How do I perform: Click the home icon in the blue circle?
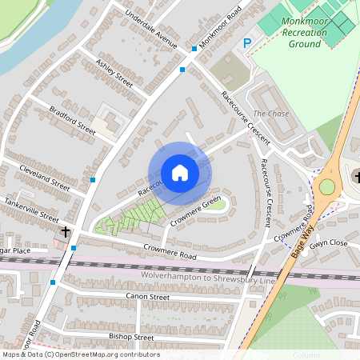(x=180, y=172)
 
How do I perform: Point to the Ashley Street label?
(x=114, y=72)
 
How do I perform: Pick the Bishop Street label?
(x=132, y=338)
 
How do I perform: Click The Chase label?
(x=270, y=114)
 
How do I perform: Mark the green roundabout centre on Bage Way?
(x=326, y=187)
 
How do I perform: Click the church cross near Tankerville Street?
(x=64, y=233)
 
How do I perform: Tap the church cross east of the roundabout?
(x=355, y=177)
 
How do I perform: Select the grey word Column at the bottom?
(x=306, y=354)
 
